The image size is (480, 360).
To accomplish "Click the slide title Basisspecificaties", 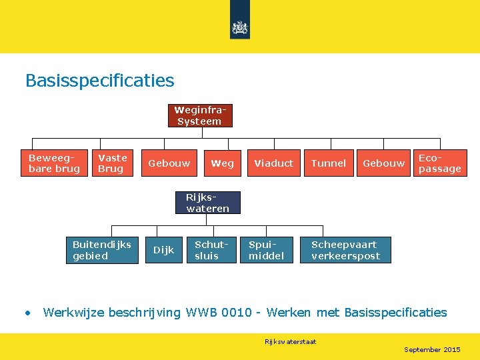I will coord(99,81).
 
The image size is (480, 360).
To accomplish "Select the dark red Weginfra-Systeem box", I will coord(200,115).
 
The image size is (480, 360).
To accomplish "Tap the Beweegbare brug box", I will coord(55,163).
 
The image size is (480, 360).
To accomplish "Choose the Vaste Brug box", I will coord(113,163).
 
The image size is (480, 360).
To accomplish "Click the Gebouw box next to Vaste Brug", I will coord(169,163).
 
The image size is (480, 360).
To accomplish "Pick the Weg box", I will coord(222,163).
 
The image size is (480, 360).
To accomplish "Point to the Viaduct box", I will coord(273,163).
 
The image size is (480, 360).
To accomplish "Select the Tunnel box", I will coord(329,163).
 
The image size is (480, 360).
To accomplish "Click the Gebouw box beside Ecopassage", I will coord(383,163).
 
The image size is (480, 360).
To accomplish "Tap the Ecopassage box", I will coord(440,163).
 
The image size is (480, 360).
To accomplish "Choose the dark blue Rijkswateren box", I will coord(208,203).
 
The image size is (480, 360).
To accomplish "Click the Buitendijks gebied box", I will coord(102,250).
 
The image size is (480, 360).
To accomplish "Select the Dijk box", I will coord(164,250).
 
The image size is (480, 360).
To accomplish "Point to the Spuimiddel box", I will coord(267,250).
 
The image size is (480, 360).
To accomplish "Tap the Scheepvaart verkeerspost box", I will coord(347,250).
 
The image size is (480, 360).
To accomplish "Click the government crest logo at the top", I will coord(239,27).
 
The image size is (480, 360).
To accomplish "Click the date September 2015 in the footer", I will coord(432,349).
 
